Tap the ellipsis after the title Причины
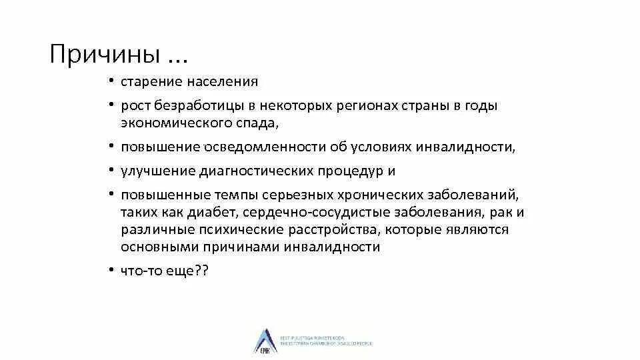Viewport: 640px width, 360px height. (177, 56)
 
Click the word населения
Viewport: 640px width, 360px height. (223, 82)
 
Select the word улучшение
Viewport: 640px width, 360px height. (157, 171)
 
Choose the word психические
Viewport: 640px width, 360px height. (229, 229)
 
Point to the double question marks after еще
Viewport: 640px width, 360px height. (202, 271)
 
